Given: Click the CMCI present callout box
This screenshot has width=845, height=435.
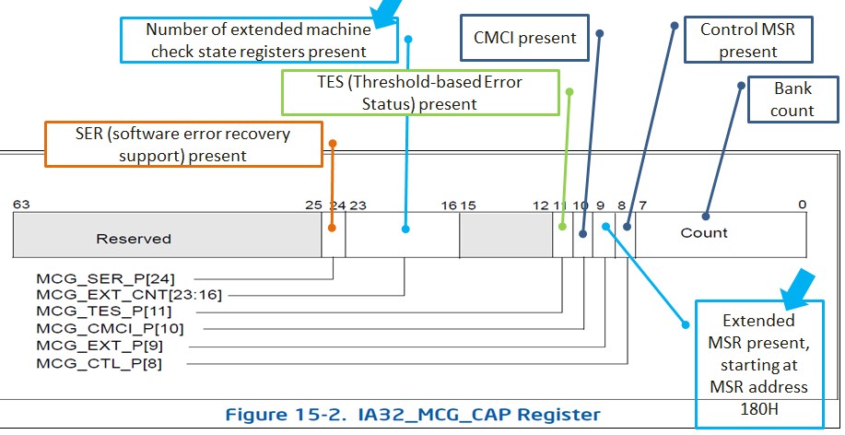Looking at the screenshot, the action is point(524,38).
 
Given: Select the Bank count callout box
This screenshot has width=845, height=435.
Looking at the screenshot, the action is point(792,100).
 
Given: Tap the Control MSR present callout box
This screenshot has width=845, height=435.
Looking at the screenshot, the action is point(748,40).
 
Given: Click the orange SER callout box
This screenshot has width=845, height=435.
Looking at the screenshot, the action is point(183,145).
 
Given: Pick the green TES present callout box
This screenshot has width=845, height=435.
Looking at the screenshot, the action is point(420,93).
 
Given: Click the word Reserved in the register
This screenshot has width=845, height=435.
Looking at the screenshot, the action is point(134,239).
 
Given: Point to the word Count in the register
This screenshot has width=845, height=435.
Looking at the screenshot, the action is point(704,233).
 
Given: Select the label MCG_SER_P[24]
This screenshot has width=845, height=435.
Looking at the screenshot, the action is point(106,278).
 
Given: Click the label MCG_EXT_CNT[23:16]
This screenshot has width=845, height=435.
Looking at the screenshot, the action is point(129,295).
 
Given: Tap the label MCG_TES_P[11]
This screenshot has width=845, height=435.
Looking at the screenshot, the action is point(104,311).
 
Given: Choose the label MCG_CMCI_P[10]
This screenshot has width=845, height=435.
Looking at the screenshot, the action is point(110,328).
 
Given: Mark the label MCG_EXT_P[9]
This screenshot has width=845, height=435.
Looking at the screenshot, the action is point(100,346).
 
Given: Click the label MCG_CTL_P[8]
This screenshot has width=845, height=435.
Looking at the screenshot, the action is point(100,363).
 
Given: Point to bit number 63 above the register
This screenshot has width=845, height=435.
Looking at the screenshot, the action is point(21,205).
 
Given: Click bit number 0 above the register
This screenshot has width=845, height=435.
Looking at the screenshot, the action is point(803,205).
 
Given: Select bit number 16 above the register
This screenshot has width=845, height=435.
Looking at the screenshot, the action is point(449,206).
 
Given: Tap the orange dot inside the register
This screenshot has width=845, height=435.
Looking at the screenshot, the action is point(332,228).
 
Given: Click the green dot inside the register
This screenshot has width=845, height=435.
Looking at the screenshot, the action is point(562,227).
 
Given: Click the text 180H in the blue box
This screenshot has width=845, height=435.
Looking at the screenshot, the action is point(759,409).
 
